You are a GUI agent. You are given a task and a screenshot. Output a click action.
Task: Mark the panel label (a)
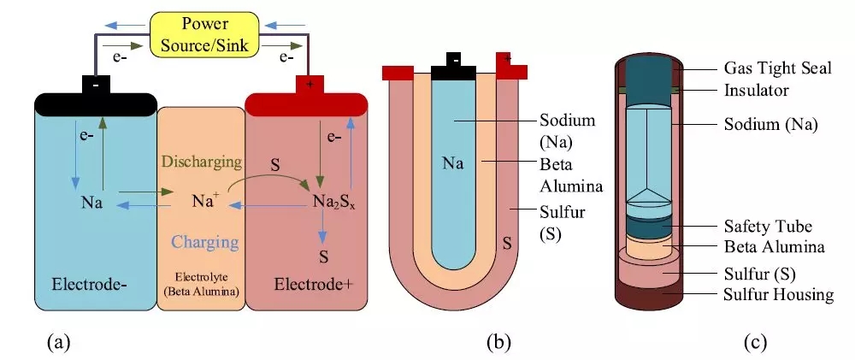pos(57,343)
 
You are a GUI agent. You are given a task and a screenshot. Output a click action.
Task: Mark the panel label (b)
pos(498,343)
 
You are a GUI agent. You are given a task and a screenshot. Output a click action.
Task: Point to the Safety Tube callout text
pos(761,226)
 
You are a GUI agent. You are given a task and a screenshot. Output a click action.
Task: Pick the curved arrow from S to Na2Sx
pos(271,174)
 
